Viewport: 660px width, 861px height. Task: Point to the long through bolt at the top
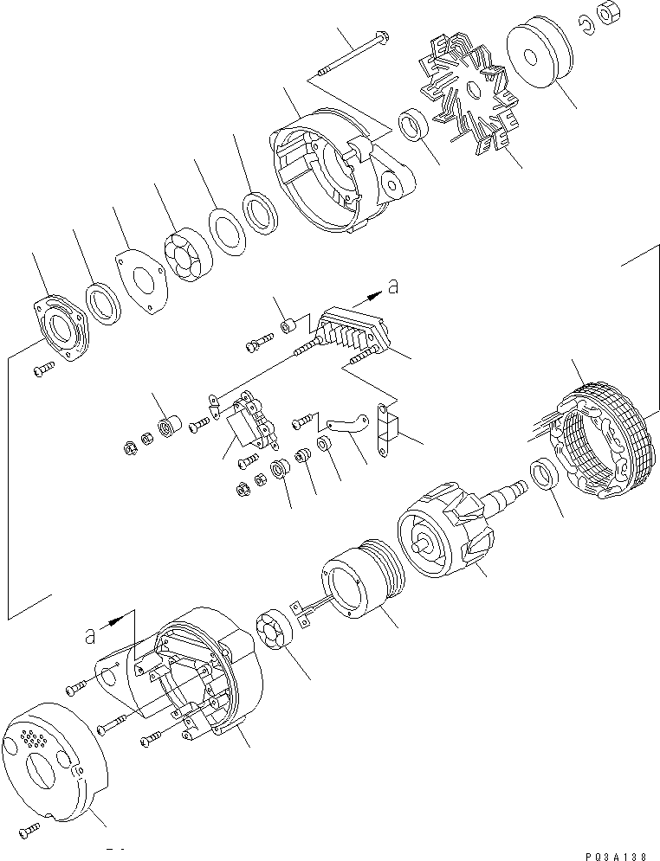click(x=355, y=55)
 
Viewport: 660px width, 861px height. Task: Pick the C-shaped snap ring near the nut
click(x=586, y=29)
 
